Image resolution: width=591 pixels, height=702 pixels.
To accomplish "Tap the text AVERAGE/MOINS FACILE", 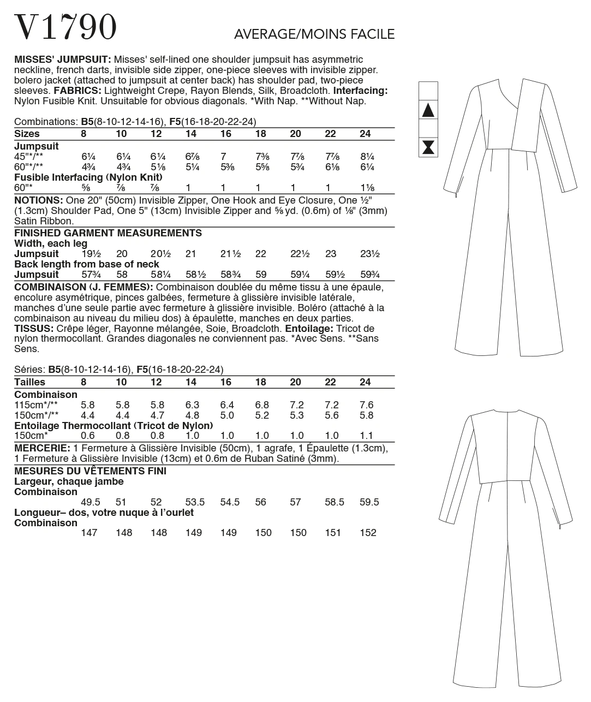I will point(314,34).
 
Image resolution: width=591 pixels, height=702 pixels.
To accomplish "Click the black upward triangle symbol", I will point(428,111).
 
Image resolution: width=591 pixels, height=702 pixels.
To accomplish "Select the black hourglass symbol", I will point(428,147).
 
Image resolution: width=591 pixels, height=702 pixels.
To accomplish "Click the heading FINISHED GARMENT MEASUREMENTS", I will point(108,233).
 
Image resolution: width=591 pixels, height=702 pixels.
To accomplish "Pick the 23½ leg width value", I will point(369,254).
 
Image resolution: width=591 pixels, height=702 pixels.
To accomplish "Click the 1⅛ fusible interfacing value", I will point(368,188).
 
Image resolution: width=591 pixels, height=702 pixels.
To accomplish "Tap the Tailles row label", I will point(29,382).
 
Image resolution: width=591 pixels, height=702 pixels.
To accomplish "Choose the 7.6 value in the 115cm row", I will point(367,405).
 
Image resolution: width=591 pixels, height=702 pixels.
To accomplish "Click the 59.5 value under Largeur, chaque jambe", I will point(369,502).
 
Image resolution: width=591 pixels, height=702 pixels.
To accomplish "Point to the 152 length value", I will point(368,533).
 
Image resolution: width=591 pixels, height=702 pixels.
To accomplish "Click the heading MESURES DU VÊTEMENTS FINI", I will point(90,471).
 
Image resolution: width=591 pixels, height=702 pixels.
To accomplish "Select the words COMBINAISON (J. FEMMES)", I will point(83,287).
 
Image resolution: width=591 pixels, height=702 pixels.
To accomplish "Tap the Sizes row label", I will point(27,134).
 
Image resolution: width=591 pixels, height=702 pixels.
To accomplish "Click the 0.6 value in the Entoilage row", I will point(87,436).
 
